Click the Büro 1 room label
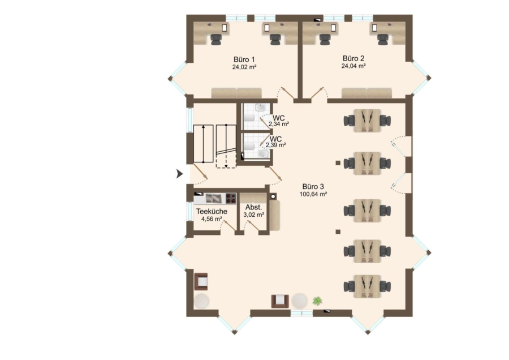click(244, 60)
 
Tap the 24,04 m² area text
click(353, 66)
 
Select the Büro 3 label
click(313, 187)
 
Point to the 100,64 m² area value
click(313, 194)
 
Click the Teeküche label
click(212, 212)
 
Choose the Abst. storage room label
click(253, 208)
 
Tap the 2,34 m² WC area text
click(279, 124)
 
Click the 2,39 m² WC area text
click(276, 145)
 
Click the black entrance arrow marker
click(179, 174)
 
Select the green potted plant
click(317, 301)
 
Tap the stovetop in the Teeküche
click(231, 198)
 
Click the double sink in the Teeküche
click(213, 198)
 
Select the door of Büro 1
click(287, 93)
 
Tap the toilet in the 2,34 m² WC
click(249, 118)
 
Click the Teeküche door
click(229, 226)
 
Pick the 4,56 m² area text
click(212, 219)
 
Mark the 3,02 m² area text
click(253, 215)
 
